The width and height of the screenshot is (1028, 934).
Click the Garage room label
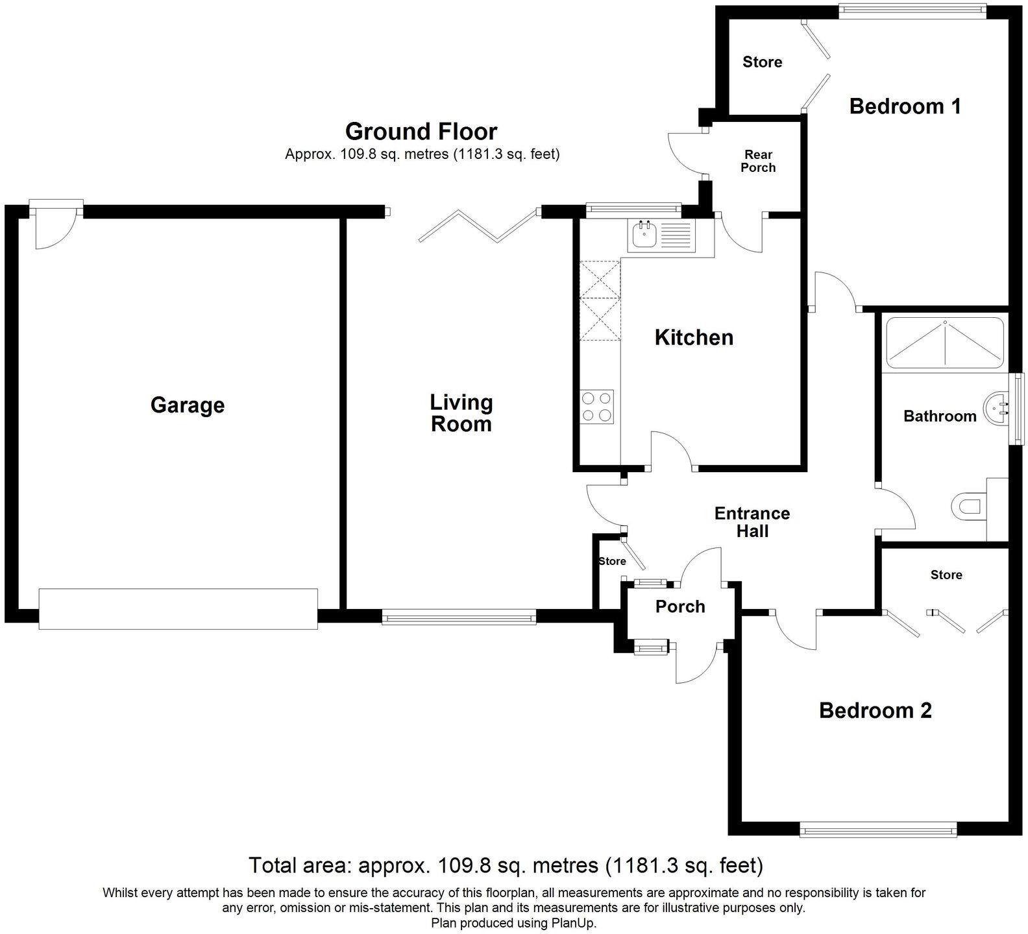tap(187, 405)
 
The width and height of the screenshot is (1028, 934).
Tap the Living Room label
tap(461, 413)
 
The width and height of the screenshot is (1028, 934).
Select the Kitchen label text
tap(694, 337)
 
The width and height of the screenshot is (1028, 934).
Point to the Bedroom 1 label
tap(905, 106)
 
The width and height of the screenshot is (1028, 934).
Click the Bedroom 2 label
tap(875, 710)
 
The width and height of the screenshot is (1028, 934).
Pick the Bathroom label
tap(939, 416)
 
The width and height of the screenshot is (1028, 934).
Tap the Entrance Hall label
tap(752, 522)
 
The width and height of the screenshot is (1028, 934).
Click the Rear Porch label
tap(758, 161)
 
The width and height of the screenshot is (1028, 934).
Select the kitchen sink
tap(661, 235)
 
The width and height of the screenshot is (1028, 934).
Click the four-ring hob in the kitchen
tap(597, 407)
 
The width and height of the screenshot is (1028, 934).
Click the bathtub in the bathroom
tap(945, 342)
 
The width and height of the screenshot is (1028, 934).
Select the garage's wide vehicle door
tap(178, 608)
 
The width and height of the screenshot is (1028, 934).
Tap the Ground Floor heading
tap(421, 132)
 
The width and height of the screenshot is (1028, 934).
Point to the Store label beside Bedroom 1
tap(762, 62)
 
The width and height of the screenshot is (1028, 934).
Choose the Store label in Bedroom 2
tap(946, 575)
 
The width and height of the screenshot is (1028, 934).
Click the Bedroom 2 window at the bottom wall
tap(878, 830)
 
